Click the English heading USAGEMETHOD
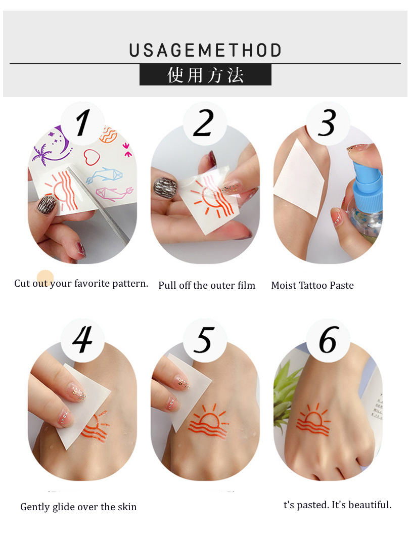[205, 51]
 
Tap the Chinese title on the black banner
[206, 75]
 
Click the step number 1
[82, 122]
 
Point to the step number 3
[326, 123]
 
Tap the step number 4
[82, 339]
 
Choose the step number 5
[204, 339]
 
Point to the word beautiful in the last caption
[370, 505]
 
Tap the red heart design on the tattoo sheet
[92, 157]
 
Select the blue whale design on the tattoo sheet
[104, 175]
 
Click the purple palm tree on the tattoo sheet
[41, 154]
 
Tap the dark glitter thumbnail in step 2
[165, 188]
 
